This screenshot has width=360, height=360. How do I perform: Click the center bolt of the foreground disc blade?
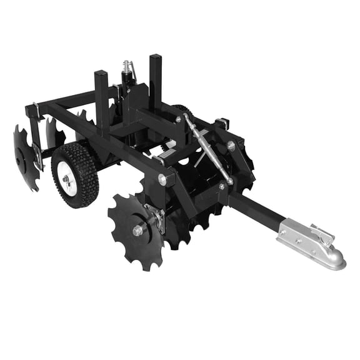point(137,231)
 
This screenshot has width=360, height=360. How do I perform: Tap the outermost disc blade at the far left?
point(25,157)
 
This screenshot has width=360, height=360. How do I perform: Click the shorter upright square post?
point(101,94)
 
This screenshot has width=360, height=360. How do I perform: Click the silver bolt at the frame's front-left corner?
point(163,180)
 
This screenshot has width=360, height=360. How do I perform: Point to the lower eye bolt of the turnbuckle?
point(230,181)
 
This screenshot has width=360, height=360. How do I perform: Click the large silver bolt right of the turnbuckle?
point(231,145)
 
